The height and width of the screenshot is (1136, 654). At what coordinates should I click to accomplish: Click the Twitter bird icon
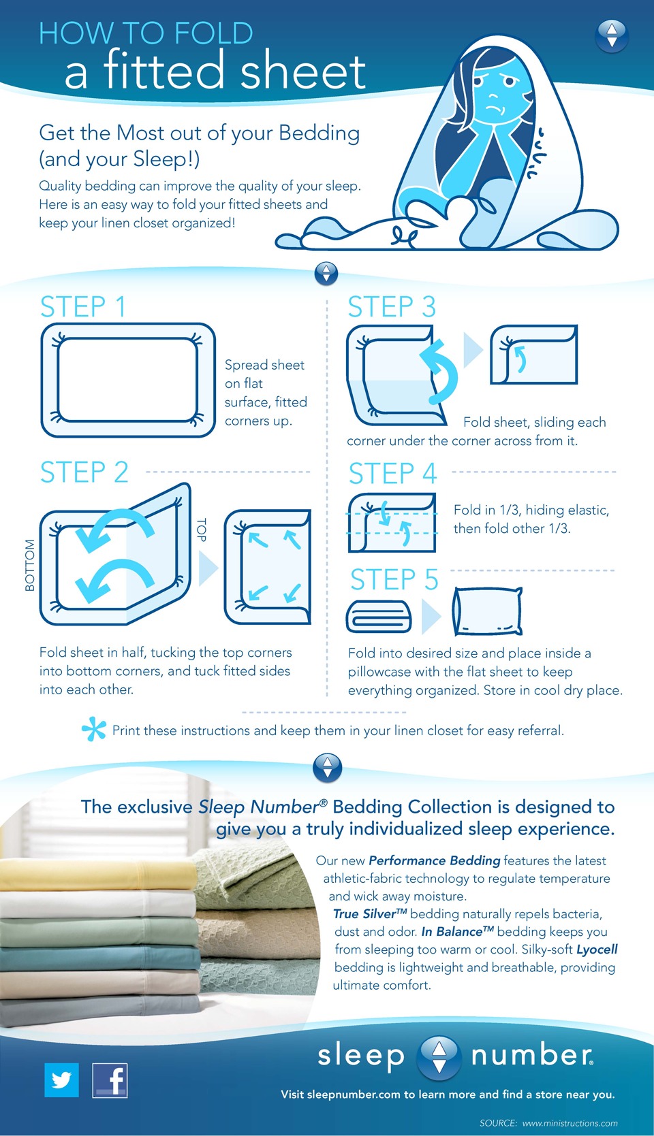pos(61,1080)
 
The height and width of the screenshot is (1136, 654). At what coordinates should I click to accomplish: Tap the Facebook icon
pos(110,1080)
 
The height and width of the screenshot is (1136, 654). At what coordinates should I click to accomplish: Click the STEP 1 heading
pos(82,307)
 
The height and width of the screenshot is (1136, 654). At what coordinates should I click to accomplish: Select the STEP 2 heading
pos(84,472)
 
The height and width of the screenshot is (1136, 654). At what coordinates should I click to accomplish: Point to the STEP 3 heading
pos(392,307)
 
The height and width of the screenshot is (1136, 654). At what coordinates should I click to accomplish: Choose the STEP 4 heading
pos(392,473)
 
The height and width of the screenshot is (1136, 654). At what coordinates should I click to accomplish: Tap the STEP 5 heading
pos(394,579)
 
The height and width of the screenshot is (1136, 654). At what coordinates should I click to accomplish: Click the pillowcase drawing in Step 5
pos(488,611)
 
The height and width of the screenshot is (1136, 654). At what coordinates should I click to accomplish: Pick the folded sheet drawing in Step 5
pos(379,617)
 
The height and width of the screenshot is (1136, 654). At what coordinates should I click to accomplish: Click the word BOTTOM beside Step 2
pos(30,566)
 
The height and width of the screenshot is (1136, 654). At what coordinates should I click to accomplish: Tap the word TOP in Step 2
pos(202,530)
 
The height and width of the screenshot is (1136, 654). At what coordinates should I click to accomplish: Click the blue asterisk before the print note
pos(94,729)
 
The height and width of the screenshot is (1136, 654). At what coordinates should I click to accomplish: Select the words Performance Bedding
pos(435,860)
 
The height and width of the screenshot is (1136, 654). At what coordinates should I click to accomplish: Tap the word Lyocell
pos(597,950)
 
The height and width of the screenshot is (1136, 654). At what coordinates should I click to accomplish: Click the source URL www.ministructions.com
pos(570,1123)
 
